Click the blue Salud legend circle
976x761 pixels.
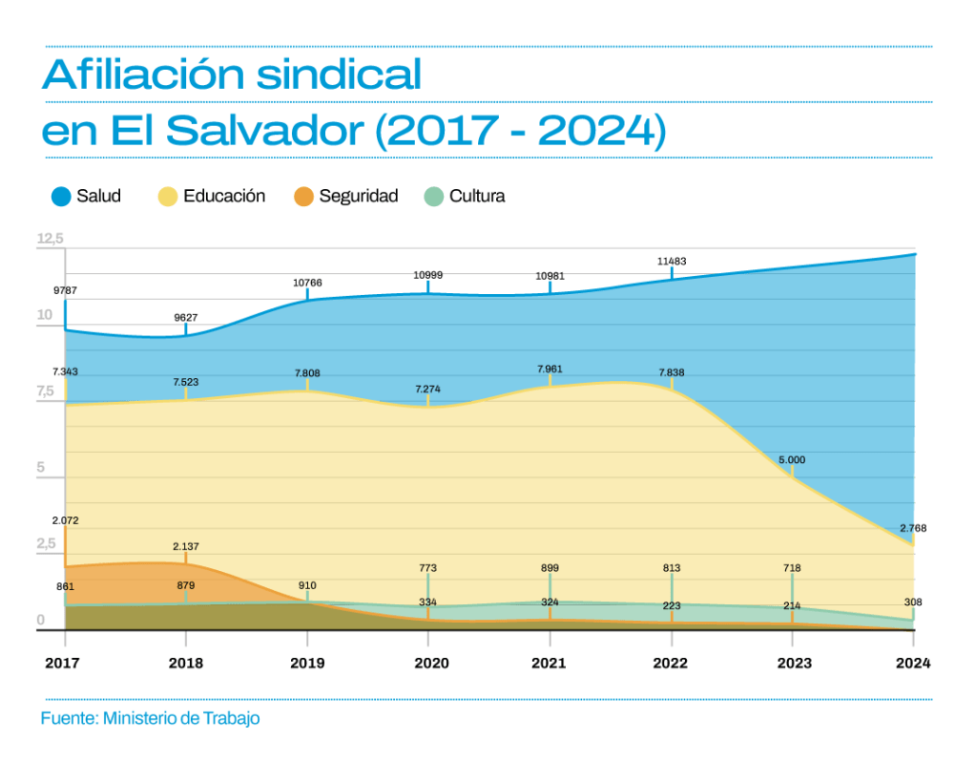click(x=61, y=197)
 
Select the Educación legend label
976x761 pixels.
click(x=224, y=196)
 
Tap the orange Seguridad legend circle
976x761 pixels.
click(x=303, y=197)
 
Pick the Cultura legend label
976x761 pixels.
click(x=477, y=196)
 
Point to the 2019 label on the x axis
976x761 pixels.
click(x=307, y=663)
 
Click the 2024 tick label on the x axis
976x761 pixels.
click(x=913, y=663)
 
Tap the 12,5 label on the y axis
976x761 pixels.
click(x=50, y=238)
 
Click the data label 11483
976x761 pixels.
click(x=672, y=261)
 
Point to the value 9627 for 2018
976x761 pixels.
click(x=186, y=317)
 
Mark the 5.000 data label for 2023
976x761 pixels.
click(x=792, y=459)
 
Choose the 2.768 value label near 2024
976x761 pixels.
click(x=913, y=528)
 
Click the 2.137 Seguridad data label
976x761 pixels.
click(x=186, y=546)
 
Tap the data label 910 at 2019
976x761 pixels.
click(x=307, y=585)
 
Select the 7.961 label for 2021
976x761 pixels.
click(x=550, y=368)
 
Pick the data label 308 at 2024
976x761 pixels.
click(x=913, y=602)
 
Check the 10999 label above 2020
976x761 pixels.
click(x=428, y=275)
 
